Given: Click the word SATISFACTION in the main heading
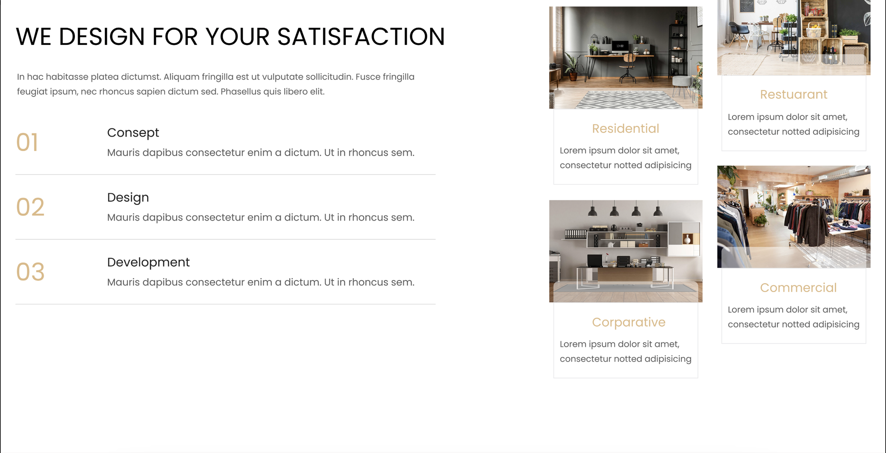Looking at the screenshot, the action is pos(361,37).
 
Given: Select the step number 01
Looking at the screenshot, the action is pos(27,142).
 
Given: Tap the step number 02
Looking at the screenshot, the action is pos(30,207).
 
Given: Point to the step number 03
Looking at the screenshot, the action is pos(30,272).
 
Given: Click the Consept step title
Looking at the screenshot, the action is pos(133,133).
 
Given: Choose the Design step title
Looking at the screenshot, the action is pos(128,198).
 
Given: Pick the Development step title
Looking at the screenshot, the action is pos(148,262).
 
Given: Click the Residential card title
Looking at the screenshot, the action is pos(625,129).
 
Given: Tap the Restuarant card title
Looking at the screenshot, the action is pos(793,94).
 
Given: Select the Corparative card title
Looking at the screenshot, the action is pos(629,322).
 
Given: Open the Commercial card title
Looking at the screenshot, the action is pos(798,287).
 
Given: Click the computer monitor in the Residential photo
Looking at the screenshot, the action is pos(620,46).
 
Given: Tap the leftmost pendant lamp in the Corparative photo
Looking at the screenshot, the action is pos(592,210).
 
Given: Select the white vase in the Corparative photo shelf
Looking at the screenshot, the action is pos(687,239).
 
